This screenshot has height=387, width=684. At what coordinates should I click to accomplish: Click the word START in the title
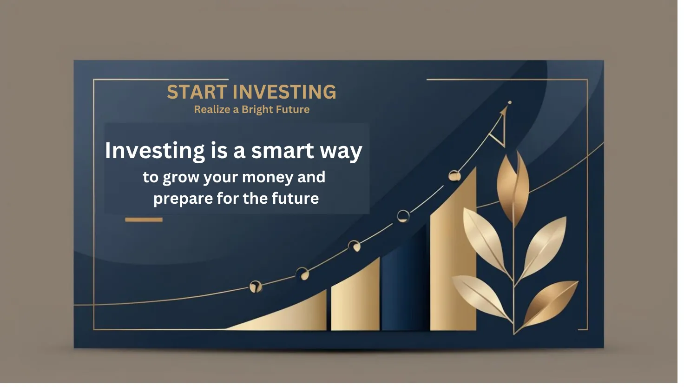click(199, 93)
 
